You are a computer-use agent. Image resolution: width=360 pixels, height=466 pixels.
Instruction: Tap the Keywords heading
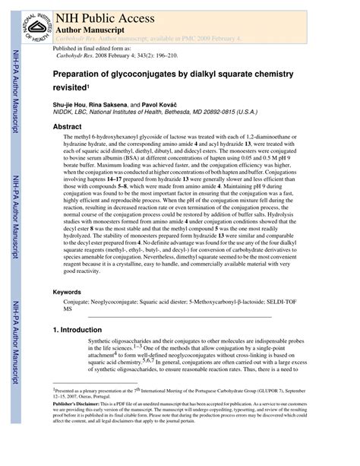point(67,292)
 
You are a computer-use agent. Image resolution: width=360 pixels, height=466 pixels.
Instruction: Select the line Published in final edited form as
point(89,47)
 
